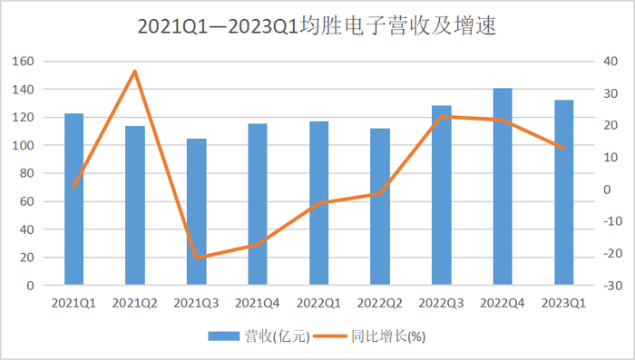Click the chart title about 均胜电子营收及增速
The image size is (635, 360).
tap(317, 26)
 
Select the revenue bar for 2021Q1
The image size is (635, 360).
tap(73, 199)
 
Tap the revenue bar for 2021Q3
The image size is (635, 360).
tap(196, 212)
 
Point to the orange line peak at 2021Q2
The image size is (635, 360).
tap(135, 71)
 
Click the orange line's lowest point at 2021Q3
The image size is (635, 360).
tap(196, 258)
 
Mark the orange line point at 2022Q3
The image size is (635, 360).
tap(442, 117)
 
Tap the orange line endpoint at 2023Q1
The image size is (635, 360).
tap(563, 148)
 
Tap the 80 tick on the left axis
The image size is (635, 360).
tap(27, 173)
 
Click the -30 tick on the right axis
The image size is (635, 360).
tap(612, 286)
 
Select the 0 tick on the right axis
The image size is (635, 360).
tap(611, 190)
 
